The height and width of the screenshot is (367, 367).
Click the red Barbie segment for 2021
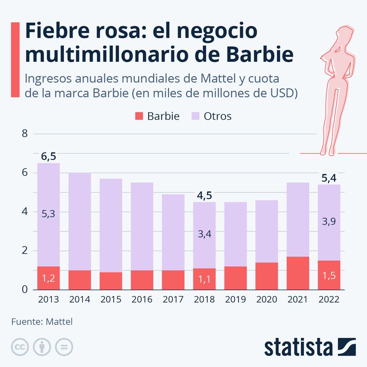coord(298,273)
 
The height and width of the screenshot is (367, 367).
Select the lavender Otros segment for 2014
coord(80,221)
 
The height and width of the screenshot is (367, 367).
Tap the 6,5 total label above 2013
coord(48,157)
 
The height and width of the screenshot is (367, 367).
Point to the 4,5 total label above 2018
coord(204,196)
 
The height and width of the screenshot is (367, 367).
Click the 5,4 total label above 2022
coord(329,178)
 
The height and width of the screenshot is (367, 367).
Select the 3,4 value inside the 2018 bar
coord(204,234)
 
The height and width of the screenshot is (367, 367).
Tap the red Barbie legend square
coord(139,116)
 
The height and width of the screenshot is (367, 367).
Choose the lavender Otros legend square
coord(195,116)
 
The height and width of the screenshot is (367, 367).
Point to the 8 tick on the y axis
coord(24,133)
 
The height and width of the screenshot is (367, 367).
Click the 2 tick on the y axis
coord(24,251)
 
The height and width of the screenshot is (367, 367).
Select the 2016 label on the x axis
coord(142,300)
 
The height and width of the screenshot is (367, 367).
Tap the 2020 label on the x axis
coord(267,300)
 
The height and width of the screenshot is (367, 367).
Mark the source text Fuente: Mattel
coord(42,322)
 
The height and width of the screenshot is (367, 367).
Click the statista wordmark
coord(298,347)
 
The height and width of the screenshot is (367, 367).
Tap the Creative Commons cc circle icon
coord(19,347)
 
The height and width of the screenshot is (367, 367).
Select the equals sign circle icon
coord(64,347)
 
